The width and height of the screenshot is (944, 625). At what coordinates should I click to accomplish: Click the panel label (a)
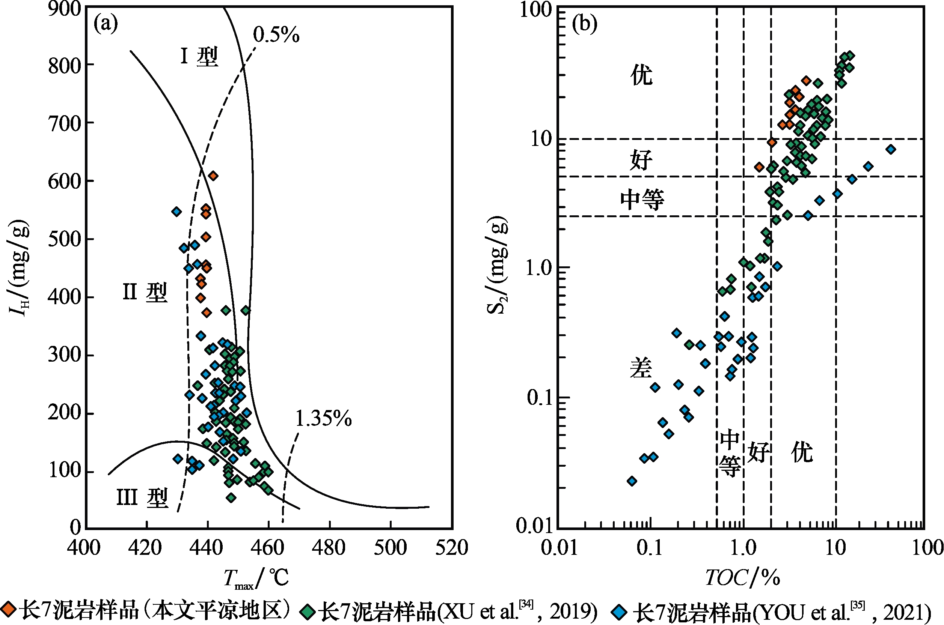pyautogui.click(x=106, y=24)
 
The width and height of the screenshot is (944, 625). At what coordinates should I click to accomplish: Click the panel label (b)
pyautogui.click(x=584, y=24)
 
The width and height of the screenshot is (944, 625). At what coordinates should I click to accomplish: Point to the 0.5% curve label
pyautogui.click(x=276, y=35)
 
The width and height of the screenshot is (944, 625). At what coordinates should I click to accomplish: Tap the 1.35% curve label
pyautogui.click(x=323, y=419)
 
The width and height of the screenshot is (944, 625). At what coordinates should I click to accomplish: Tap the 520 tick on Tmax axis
pyautogui.click(x=451, y=548)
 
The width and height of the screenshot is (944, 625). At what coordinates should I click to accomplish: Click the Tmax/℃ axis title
pyautogui.click(x=256, y=578)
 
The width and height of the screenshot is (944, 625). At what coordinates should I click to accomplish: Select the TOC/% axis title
pyautogui.click(x=742, y=578)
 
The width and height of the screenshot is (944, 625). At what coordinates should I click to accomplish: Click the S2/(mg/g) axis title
pyautogui.click(x=497, y=265)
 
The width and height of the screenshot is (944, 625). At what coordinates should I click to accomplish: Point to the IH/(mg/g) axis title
pyautogui.click(x=19, y=267)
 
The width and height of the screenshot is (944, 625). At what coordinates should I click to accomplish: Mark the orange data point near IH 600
pyautogui.click(x=213, y=176)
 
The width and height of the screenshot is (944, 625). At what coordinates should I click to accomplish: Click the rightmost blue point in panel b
pyautogui.click(x=891, y=149)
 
